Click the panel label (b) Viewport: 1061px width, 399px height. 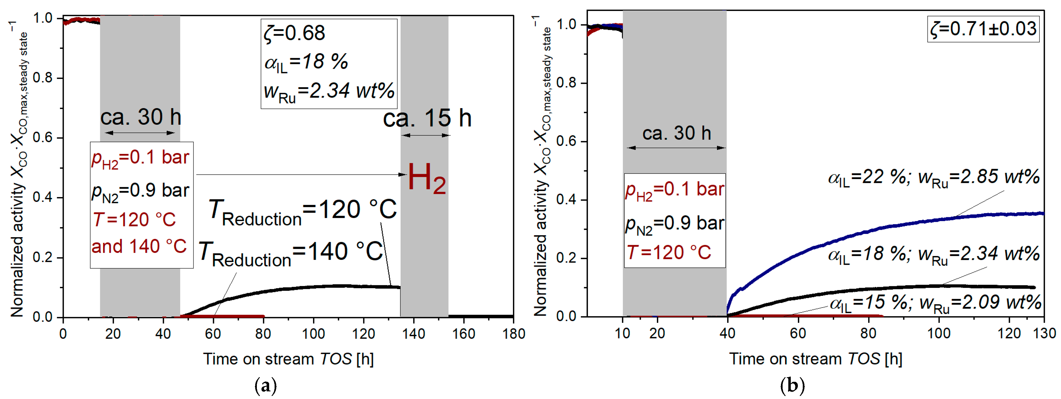792,386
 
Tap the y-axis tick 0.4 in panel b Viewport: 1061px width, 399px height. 566,200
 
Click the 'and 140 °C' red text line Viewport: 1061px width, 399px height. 139,246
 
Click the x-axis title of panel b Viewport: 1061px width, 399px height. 816,359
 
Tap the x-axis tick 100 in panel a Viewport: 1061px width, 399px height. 313,334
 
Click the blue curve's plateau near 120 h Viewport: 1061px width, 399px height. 1009,214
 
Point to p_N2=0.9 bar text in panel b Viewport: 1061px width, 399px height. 674,224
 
